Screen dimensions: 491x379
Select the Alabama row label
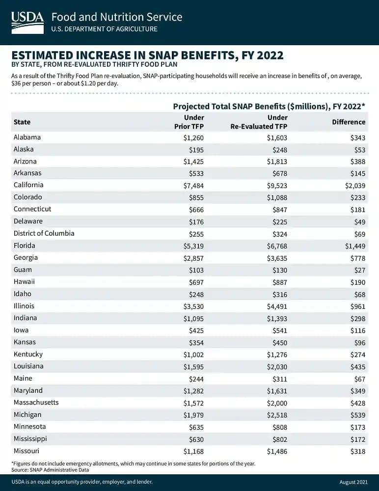(x=27, y=137)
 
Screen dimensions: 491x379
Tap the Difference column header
(x=349, y=122)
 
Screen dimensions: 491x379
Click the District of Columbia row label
(x=44, y=233)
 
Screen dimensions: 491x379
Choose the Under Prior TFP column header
(x=190, y=122)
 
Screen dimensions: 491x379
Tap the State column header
(x=22, y=122)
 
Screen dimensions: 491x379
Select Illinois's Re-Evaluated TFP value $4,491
(x=276, y=306)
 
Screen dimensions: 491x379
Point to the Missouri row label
(x=27, y=451)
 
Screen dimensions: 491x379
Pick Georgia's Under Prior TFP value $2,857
(x=191, y=258)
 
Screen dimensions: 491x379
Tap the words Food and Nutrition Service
(x=117, y=17)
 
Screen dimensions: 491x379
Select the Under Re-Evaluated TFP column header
(x=259, y=122)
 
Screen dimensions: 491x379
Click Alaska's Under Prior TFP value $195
(x=195, y=149)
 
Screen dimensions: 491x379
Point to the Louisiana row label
(x=28, y=366)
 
